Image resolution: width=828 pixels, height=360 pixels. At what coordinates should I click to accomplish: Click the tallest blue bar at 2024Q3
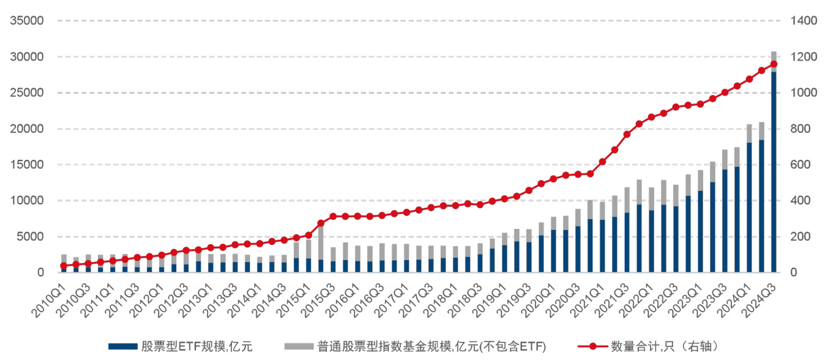774,171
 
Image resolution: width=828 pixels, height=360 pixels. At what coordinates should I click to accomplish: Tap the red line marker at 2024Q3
774,64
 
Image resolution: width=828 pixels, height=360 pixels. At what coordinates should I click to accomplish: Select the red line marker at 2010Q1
64,266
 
